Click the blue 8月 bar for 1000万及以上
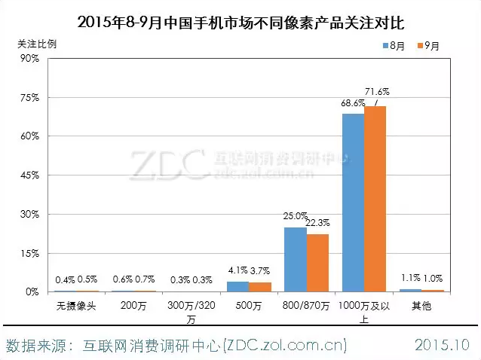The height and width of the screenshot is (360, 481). click(353, 202)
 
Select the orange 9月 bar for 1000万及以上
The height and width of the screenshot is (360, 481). click(375, 199)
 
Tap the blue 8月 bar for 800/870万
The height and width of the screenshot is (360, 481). click(295, 259)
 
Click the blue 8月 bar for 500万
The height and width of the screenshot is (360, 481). click(237, 286)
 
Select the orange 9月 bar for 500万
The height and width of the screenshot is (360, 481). click(260, 287)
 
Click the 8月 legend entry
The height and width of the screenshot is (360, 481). click(394, 46)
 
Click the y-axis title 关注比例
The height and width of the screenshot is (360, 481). click(37, 42)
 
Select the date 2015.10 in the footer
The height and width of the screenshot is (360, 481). click(443, 346)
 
